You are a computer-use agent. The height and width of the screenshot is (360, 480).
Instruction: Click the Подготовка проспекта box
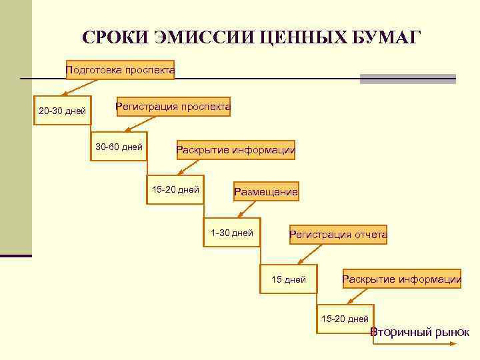pyautogui.click(x=120, y=70)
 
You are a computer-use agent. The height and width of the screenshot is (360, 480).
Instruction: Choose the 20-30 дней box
pyautogui.click(x=62, y=111)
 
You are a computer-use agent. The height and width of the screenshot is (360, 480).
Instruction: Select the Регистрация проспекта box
pyautogui.click(x=173, y=107)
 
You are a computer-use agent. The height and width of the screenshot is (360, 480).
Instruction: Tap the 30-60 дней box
pyautogui.click(x=119, y=147)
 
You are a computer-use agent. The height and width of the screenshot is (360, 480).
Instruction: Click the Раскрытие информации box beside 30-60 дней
pyautogui.click(x=235, y=150)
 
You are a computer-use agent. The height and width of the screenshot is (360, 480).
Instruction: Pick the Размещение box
pyautogui.click(x=265, y=192)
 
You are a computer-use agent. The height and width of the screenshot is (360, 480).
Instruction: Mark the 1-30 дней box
pyautogui.click(x=231, y=233)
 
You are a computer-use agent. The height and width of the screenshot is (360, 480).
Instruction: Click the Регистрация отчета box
pyautogui.click(x=338, y=235)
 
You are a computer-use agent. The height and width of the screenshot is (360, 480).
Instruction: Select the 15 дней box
pyautogui.click(x=288, y=279)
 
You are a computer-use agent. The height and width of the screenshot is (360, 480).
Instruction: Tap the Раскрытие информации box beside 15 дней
pyautogui.click(x=401, y=279)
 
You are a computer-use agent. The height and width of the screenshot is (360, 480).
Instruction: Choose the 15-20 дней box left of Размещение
pyautogui.click(x=175, y=190)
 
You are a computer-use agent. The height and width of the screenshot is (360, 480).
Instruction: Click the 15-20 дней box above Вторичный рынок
pyautogui.click(x=345, y=319)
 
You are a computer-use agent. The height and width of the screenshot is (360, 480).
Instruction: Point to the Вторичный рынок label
pyautogui.click(x=419, y=333)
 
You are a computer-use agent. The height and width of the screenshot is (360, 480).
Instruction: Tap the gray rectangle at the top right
pyautogui.click(x=407, y=79)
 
